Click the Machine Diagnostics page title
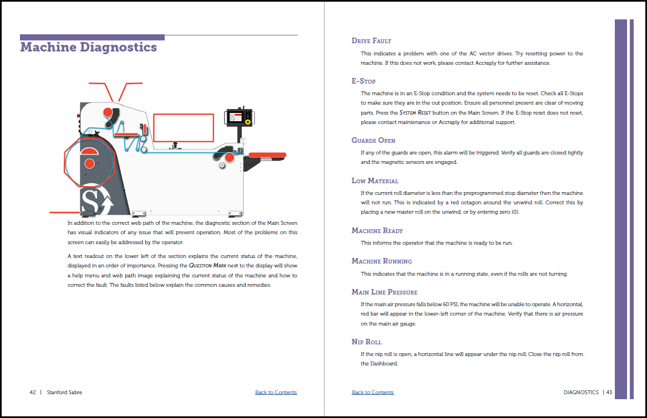(x=89, y=47)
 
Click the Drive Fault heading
(x=371, y=41)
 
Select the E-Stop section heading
(x=364, y=81)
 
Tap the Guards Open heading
(x=374, y=141)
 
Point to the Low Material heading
(x=375, y=181)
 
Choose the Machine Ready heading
(x=378, y=231)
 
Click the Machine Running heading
(x=381, y=261)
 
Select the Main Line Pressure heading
(x=384, y=292)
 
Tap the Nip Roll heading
(x=366, y=342)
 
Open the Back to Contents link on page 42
(x=276, y=393)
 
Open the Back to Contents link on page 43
(x=373, y=393)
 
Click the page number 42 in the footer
(x=33, y=393)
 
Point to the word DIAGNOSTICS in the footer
(x=581, y=393)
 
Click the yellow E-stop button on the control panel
(x=248, y=122)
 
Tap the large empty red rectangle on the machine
(x=183, y=128)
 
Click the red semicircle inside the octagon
(x=89, y=151)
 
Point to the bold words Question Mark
(x=207, y=266)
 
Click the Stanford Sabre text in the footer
(x=65, y=393)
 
